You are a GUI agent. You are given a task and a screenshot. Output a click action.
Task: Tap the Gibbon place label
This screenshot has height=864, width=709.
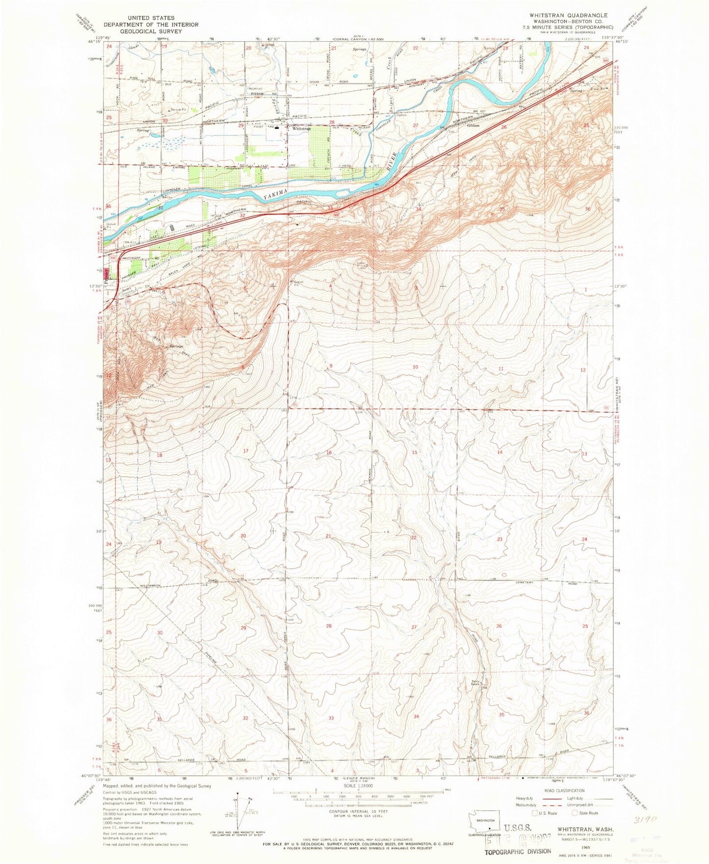tap(473, 125)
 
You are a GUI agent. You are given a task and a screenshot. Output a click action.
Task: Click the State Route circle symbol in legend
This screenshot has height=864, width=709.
tap(576, 813)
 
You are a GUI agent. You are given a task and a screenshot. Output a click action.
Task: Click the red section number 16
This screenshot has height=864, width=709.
tap(329, 452)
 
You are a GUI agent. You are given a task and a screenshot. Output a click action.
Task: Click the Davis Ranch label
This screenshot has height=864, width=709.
tap(475, 683)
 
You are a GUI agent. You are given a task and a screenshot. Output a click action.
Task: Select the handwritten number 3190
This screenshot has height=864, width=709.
tap(661, 806)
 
